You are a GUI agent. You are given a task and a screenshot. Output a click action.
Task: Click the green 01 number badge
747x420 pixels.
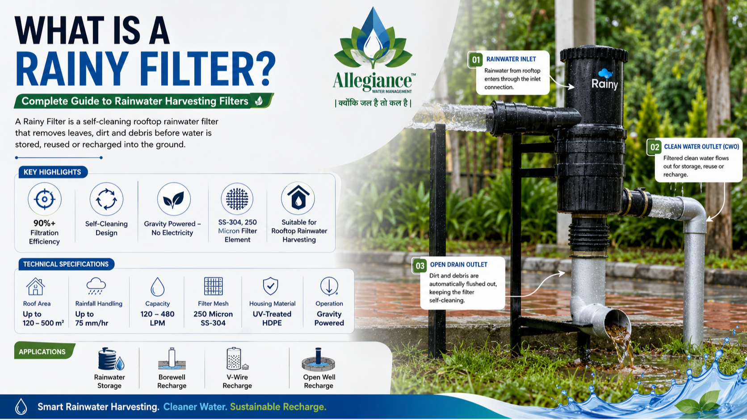click(x=476, y=60)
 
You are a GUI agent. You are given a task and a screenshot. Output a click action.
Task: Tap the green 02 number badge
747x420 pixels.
click(x=655, y=147)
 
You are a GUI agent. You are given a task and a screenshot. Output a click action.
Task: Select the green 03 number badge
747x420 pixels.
click(x=420, y=265)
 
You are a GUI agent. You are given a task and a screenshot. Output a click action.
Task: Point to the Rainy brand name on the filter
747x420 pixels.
click(x=604, y=84)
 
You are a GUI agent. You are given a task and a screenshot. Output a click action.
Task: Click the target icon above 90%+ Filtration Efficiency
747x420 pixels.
click(x=44, y=199)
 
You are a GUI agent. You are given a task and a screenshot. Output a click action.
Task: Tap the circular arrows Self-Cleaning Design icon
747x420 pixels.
click(x=106, y=199)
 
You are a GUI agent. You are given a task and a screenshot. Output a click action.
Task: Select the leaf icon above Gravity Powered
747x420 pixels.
click(x=174, y=199)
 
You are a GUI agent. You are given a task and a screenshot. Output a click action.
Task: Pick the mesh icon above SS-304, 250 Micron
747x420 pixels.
click(x=237, y=199)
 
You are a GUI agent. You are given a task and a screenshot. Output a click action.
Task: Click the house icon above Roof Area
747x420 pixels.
click(x=35, y=286)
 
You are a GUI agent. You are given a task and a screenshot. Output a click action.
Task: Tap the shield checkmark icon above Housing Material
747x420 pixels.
click(x=270, y=286)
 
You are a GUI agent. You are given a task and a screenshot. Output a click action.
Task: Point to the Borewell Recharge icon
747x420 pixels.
click(x=172, y=359)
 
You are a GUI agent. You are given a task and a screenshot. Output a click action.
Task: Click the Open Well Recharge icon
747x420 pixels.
click(x=318, y=359)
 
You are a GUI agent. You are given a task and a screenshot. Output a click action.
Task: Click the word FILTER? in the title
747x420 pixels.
click(x=207, y=69)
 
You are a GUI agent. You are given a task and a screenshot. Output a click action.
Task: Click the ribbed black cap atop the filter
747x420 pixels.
click(x=594, y=55)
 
